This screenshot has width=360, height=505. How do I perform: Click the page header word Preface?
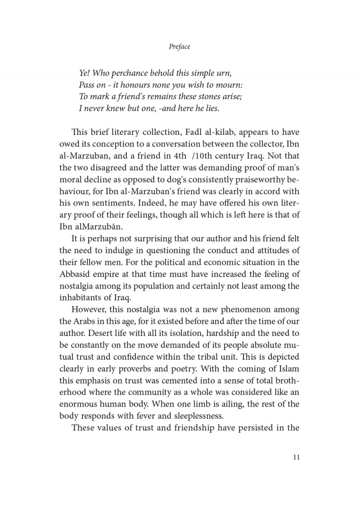click(180, 46)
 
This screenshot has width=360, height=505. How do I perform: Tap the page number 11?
click(296, 457)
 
